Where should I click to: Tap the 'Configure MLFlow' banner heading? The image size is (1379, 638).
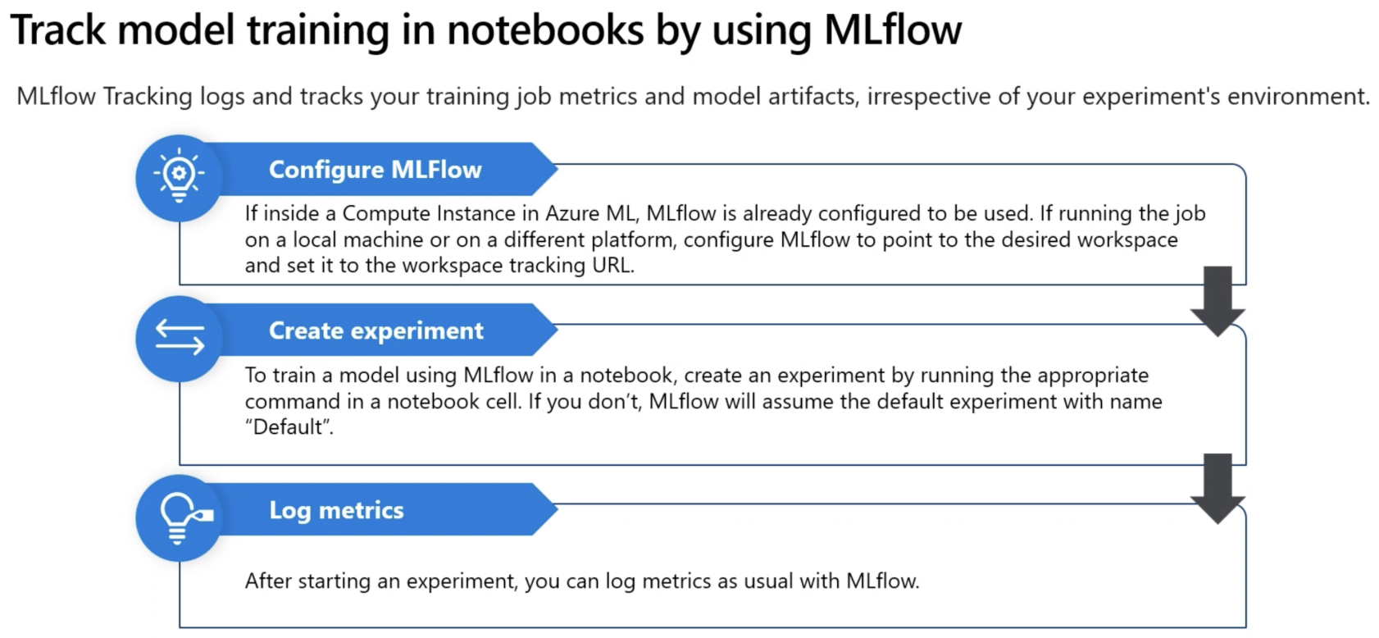point(375,170)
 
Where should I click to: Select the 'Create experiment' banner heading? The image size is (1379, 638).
point(376,330)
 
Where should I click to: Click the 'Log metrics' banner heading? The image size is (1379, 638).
point(337,511)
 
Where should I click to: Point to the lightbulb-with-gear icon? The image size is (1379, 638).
point(180,175)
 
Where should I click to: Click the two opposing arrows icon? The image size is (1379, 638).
point(180,337)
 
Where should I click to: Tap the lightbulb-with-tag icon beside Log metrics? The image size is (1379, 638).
point(184,518)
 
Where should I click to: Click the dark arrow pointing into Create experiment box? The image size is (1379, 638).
point(1217,300)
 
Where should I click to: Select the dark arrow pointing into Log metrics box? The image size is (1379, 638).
point(1217,489)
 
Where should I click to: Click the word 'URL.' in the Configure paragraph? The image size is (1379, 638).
point(613,266)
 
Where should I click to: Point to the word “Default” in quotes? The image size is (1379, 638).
point(288,426)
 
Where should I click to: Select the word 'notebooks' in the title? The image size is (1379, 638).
point(545,29)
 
